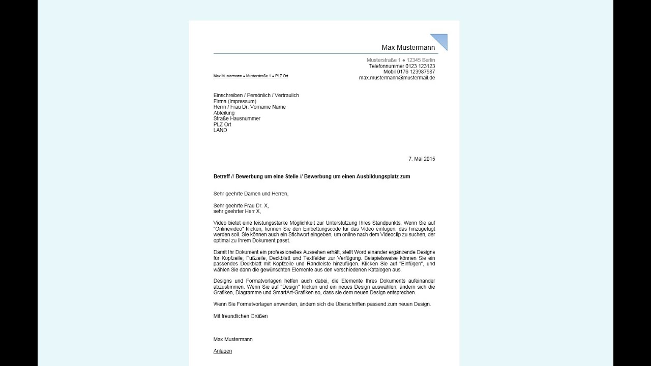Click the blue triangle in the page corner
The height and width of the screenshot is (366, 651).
(441, 40)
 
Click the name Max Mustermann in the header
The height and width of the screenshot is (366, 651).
(408, 48)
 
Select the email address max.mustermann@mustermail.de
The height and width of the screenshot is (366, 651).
(397, 78)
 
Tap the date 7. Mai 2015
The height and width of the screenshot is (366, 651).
(422, 159)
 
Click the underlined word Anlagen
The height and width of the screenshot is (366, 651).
(223, 351)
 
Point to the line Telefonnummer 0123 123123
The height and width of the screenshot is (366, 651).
(401, 66)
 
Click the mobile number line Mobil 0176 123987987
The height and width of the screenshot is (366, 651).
(409, 72)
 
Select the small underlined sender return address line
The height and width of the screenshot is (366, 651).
(251, 76)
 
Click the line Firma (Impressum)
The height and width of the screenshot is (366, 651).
(235, 101)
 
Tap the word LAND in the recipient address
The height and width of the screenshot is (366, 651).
(220, 130)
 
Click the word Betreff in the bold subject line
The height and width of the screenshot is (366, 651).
(222, 176)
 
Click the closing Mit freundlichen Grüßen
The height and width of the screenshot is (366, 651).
(241, 316)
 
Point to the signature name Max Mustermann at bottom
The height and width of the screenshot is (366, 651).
(233, 339)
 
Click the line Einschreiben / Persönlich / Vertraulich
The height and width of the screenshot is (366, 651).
(256, 95)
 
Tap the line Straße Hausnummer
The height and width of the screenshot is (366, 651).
(237, 118)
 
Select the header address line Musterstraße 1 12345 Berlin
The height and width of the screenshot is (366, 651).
(401, 60)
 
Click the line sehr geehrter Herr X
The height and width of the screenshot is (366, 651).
(237, 211)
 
